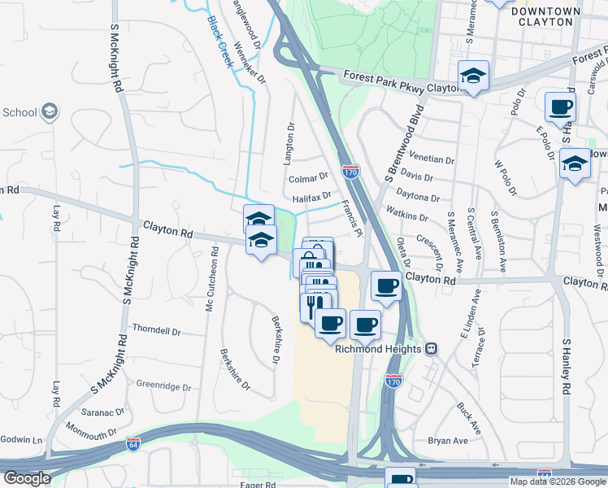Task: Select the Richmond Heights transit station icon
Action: (x=432, y=348)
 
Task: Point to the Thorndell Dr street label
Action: (x=156, y=332)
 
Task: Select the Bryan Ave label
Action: (x=448, y=441)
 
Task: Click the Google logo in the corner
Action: (x=27, y=478)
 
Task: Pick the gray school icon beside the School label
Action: (x=49, y=111)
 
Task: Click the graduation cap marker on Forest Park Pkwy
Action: (x=473, y=76)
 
